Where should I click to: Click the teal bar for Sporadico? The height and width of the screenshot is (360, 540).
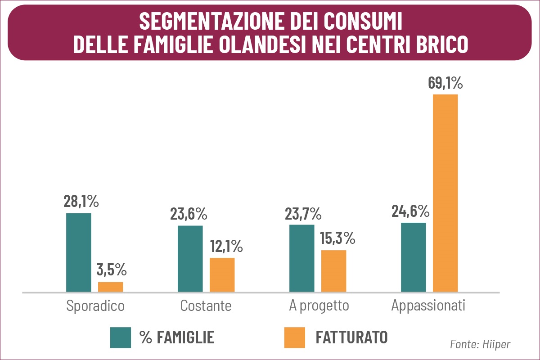(78, 252)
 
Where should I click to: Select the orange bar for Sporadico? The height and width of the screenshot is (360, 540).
(110, 287)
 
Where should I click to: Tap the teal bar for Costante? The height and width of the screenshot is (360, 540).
(190, 259)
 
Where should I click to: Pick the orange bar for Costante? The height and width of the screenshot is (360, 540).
(222, 275)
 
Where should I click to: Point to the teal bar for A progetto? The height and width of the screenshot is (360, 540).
(301, 258)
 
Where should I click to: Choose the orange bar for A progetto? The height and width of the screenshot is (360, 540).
(333, 271)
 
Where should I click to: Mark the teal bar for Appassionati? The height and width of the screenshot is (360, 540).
(413, 257)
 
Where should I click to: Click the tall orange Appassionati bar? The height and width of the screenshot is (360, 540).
(445, 193)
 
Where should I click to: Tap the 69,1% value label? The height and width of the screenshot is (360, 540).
(445, 84)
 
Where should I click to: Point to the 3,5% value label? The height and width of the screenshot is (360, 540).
(111, 270)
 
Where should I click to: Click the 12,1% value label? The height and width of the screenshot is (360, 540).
(226, 246)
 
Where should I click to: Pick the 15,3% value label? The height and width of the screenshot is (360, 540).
(338, 238)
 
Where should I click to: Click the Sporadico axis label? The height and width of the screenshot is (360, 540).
(95, 306)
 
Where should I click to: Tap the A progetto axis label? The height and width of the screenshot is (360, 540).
(319, 306)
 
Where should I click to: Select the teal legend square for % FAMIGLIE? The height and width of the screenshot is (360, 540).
(121, 337)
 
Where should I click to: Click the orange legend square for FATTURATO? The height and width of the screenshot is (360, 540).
(294, 337)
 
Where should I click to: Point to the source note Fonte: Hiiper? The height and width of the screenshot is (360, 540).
(480, 344)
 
